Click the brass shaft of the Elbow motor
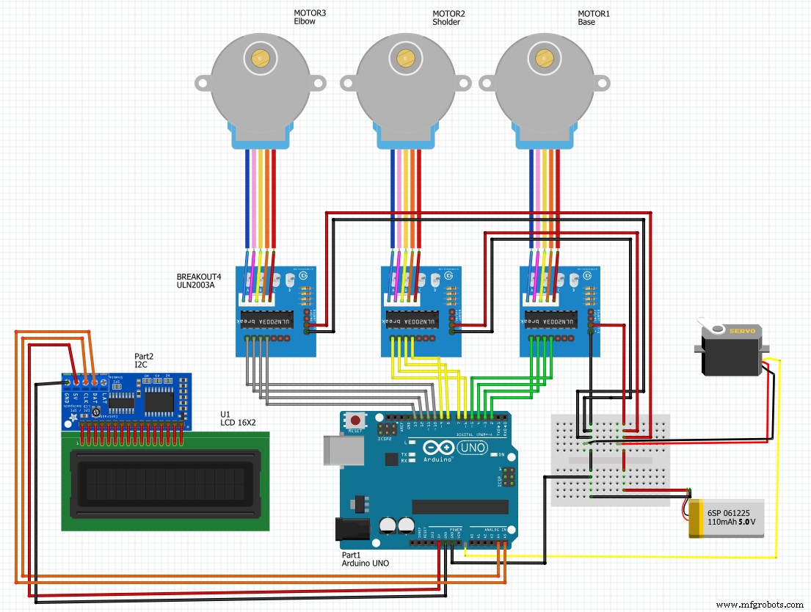tap(260, 57)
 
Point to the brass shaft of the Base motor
tap(544, 57)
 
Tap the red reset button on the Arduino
tap(356, 421)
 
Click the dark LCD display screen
tap(164, 481)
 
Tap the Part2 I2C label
tap(144, 360)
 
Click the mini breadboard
tap(610, 459)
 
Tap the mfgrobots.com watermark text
tap(760, 604)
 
